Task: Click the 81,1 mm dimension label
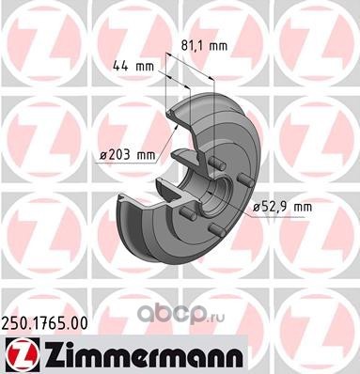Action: point(204,46)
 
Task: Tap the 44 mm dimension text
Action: point(133,66)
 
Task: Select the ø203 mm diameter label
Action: point(128,155)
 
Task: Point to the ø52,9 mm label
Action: point(283,207)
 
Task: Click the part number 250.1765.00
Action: point(45,323)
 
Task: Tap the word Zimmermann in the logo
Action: point(142,355)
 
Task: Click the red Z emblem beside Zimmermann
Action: point(20,355)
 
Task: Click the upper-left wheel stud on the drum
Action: point(216,164)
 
